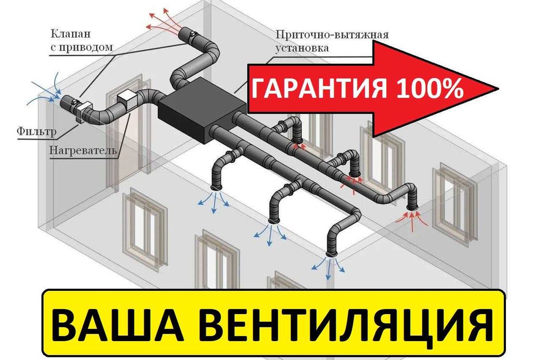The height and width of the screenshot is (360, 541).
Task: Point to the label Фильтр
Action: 35,130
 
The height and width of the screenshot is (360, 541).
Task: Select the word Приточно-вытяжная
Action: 332,36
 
